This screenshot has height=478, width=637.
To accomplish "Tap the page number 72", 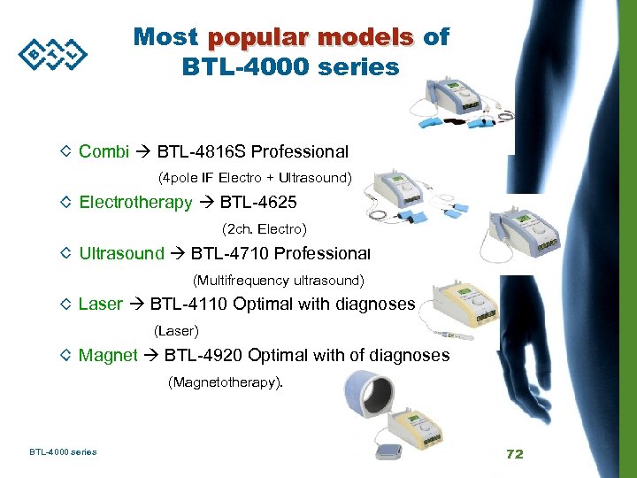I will coord(514,454).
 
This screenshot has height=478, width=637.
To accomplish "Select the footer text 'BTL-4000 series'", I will coord(63,452).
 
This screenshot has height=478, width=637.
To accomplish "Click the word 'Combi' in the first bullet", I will coord(104,151).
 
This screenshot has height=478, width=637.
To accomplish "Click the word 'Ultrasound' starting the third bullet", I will coord(121,254).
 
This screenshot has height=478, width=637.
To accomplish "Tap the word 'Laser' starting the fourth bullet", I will coord(100,305).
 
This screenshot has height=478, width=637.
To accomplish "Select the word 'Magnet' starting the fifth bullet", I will coord(108,355).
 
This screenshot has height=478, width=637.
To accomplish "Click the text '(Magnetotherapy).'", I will coord(226,382).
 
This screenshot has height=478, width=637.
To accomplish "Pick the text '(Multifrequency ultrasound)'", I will coord(278,281).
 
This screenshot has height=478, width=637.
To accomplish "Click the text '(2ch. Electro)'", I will coord(265,229).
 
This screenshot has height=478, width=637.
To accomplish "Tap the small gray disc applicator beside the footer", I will coord(390,451).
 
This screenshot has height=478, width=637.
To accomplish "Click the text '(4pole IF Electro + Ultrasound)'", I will coord(255,178).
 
